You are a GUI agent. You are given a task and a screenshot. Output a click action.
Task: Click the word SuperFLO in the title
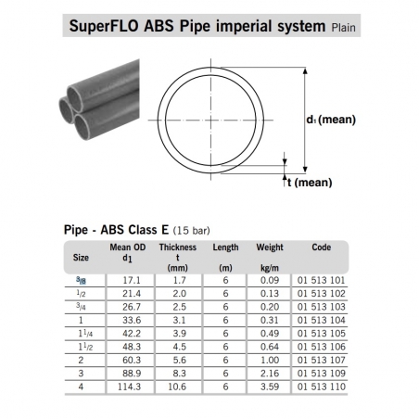[104, 26]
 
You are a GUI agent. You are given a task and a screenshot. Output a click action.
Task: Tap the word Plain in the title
[343, 28]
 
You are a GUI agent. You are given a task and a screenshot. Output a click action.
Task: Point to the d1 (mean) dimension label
[331, 120]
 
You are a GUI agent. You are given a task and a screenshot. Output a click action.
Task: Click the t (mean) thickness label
[310, 183]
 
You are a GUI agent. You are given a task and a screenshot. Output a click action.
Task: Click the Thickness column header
[178, 248]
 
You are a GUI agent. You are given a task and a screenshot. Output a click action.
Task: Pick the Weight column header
[270, 248]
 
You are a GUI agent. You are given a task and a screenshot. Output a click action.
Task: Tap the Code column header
[322, 248]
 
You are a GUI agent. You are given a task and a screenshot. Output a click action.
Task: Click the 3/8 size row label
[81, 280]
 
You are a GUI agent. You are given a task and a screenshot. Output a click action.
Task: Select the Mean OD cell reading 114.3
[129, 387]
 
